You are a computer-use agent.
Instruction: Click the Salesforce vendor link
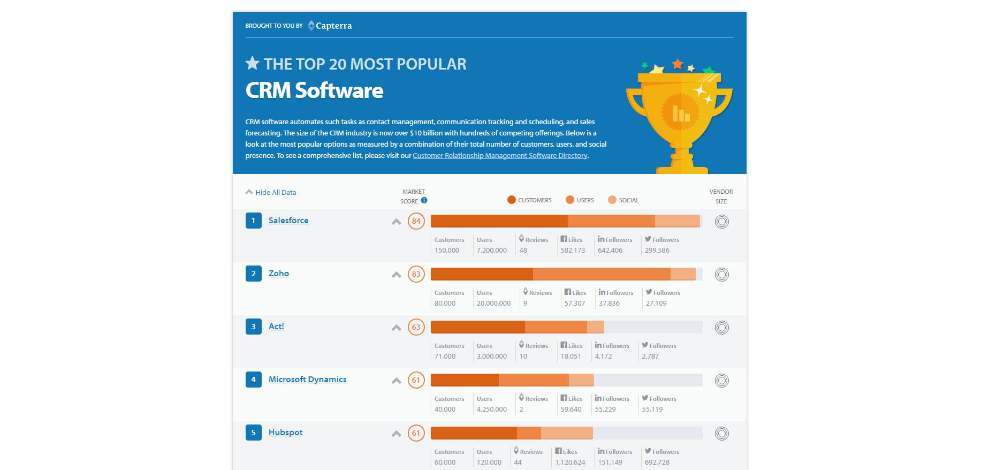point(288,221)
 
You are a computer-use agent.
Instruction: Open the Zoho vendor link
point(279,274)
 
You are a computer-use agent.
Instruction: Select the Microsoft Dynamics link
point(308,380)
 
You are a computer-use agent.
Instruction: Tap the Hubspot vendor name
point(286,433)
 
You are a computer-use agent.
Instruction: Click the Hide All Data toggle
point(271,192)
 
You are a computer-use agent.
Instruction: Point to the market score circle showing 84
point(416,221)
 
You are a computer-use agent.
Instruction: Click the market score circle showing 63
point(416,327)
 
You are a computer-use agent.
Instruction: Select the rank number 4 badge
point(254,380)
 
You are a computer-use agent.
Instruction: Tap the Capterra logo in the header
point(330,26)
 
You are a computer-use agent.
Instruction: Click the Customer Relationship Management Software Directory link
point(500,156)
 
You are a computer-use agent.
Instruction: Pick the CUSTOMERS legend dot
point(512,200)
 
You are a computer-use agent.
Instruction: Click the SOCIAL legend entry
point(623,200)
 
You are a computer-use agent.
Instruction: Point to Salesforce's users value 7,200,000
point(492,251)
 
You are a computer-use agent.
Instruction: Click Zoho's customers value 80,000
point(445,304)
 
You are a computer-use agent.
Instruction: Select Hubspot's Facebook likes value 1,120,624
point(570,463)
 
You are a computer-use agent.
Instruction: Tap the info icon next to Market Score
point(424,200)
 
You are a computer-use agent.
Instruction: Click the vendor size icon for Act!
point(722,328)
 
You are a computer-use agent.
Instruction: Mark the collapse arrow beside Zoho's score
point(397,275)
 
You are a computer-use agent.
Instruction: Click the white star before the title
point(253,63)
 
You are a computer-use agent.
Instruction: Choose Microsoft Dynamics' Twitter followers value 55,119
point(652,410)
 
